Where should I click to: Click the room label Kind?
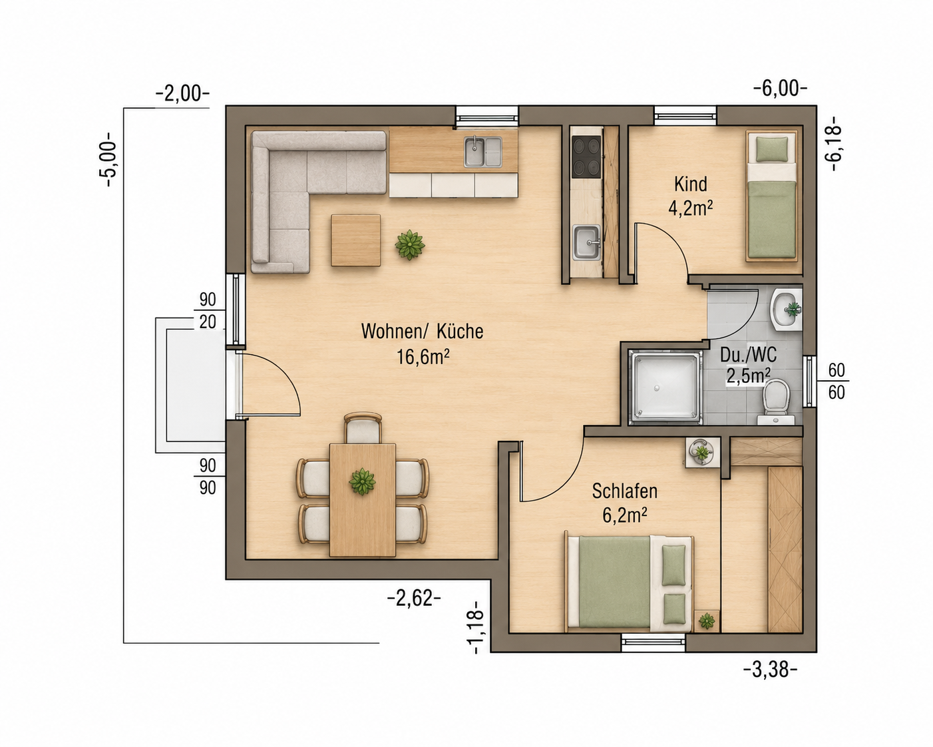[691, 184]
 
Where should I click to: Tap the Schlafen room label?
[625, 491]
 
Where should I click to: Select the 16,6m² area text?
[423, 357]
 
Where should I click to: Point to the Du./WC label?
[748, 355]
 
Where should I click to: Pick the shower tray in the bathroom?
[665, 387]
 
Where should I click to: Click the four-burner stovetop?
[586, 156]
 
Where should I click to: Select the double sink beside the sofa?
[482, 152]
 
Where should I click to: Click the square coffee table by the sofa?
[355, 240]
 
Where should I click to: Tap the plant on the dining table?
[362, 481]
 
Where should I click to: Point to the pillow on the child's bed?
[772, 148]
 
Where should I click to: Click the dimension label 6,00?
[780, 89]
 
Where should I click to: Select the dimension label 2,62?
[414, 599]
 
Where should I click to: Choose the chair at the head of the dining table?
[363, 427]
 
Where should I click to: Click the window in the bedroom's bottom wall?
[653, 642]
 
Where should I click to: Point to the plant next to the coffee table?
[410, 245]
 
